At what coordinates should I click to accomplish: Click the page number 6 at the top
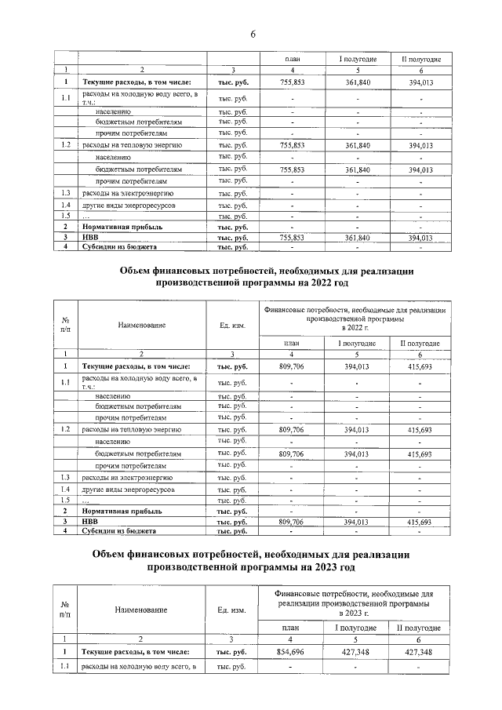[253, 34]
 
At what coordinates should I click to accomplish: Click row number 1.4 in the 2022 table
[67, 489]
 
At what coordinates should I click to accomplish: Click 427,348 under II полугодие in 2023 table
[415, 652]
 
